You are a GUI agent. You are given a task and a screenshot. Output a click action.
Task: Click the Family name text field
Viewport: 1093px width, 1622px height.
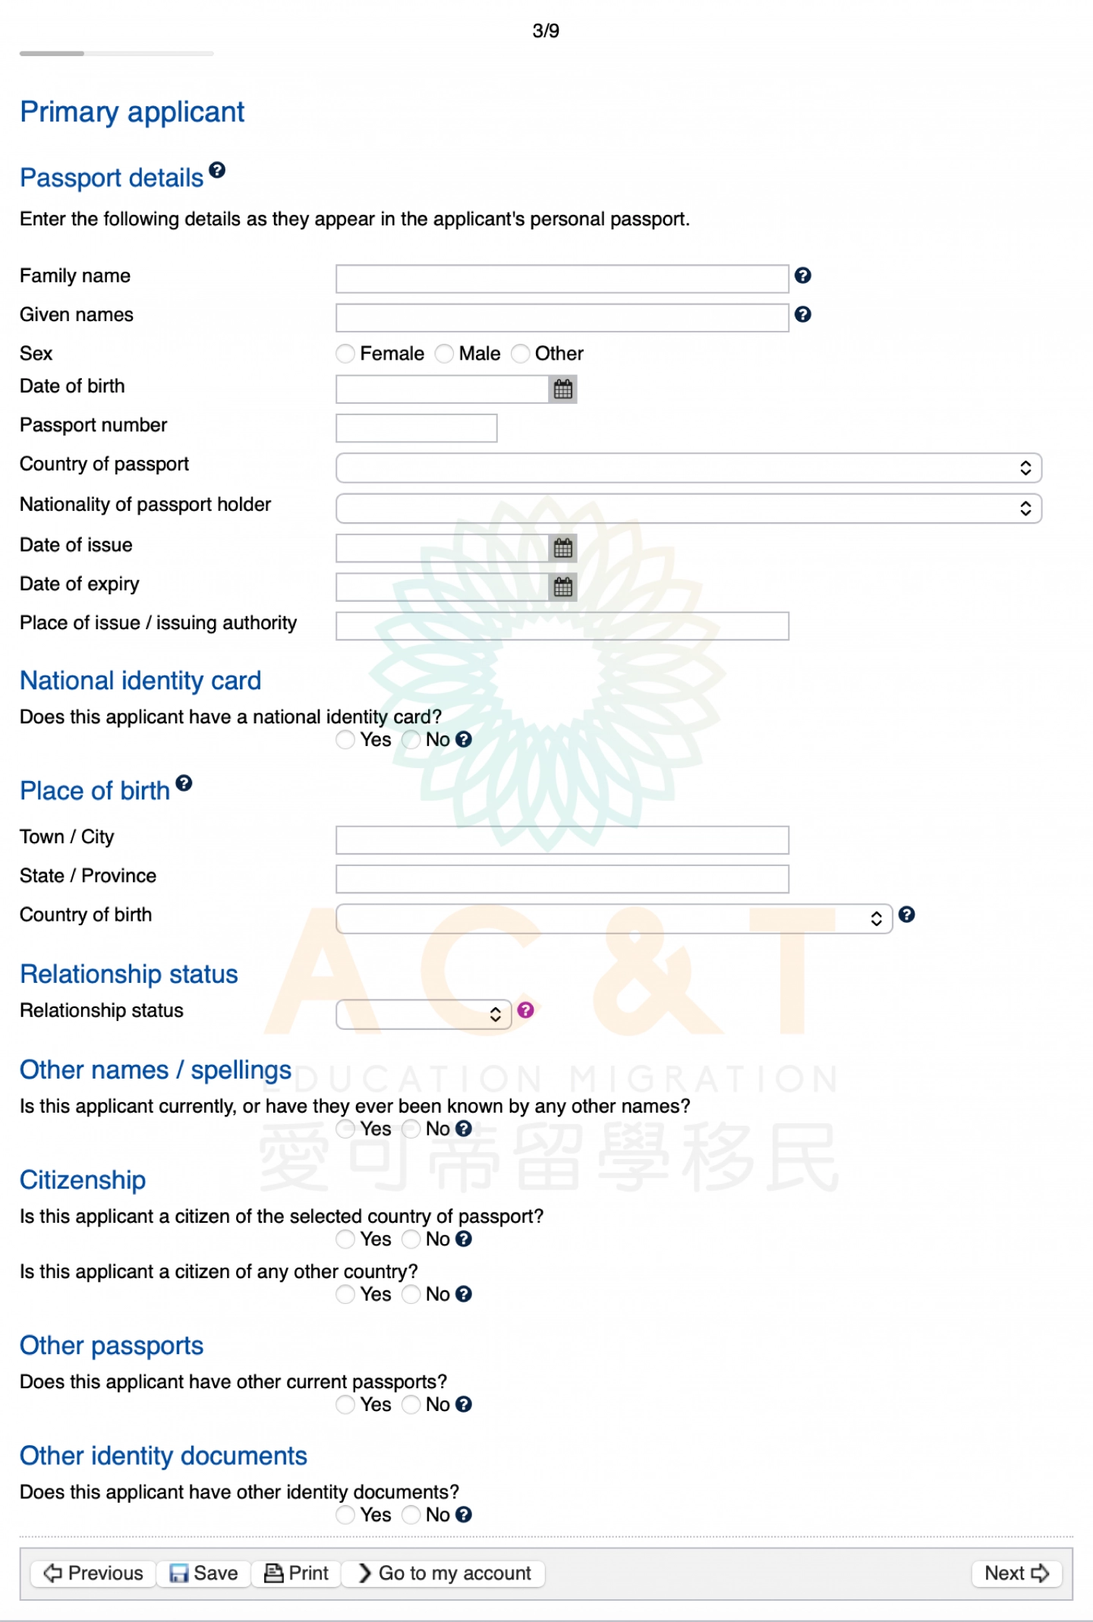coord(562,279)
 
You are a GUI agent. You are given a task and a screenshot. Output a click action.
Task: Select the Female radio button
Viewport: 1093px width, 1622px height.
coord(345,354)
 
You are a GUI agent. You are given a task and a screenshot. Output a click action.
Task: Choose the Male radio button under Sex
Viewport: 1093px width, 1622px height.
coord(444,354)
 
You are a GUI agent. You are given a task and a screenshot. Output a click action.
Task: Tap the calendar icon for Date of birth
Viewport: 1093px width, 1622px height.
coord(563,389)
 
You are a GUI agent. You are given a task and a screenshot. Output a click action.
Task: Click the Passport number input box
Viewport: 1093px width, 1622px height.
coord(416,428)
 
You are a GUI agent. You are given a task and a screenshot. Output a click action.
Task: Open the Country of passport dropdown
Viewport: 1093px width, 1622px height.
coord(688,468)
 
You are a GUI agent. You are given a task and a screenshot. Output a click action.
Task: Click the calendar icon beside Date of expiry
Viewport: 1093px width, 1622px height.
coord(563,587)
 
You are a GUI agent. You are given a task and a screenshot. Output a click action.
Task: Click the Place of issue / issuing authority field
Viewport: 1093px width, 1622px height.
coord(562,626)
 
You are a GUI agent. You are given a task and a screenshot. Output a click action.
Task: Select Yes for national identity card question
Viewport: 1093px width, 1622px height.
coord(345,740)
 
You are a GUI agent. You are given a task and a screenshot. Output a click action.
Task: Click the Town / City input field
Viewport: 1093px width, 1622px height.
coord(562,840)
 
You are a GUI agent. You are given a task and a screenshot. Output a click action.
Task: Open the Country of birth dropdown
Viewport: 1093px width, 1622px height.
coord(613,918)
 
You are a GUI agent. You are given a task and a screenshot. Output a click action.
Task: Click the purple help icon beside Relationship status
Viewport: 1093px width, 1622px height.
coord(525,1010)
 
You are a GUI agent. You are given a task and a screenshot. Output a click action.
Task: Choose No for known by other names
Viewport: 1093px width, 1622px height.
coord(411,1129)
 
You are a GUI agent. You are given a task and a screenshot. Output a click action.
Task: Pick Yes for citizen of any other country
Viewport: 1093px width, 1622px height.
coord(345,1294)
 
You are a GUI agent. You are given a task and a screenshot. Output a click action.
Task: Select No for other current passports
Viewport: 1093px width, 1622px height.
coord(411,1405)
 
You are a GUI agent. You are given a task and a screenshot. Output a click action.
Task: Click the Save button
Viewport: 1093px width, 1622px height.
coord(203,1573)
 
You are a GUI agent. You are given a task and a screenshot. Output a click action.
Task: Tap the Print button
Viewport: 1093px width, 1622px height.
coord(297,1573)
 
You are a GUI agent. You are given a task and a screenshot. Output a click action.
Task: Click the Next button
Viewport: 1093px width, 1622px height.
coord(1016,1573)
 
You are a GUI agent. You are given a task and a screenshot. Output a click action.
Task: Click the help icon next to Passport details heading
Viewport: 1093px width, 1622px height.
coord(217,170)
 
